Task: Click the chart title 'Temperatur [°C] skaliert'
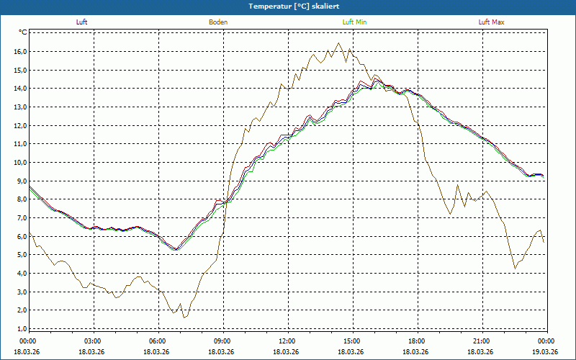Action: click(288, 6)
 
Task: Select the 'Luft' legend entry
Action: click(81, 22)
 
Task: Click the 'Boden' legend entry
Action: click(218, 22)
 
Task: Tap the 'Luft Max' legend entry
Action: click(492, 22)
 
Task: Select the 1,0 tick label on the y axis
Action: click(21, 328)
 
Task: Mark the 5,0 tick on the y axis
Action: click(21, 254)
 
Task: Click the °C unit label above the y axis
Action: click(23, 32)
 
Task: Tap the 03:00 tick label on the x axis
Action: click(93, 341)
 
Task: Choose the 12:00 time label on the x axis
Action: click(287, 341)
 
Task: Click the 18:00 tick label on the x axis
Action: click(417, 341)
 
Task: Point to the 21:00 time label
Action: click(482, 341)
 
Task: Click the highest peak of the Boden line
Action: click(339, 43)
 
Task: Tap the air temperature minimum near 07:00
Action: click(176, 249)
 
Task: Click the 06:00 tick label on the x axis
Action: click(158, 341)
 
